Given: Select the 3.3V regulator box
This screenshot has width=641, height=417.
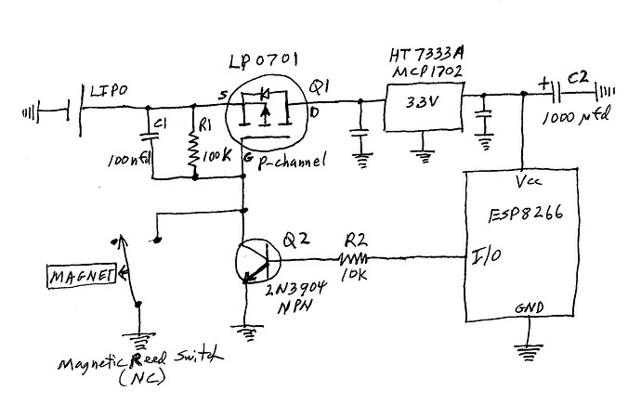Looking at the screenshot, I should click(x=424, y=104).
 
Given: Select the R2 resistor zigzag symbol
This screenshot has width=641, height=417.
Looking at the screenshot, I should click(x=353, y=257).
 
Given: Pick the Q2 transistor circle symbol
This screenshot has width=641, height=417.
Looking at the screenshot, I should click(x=256, y=262).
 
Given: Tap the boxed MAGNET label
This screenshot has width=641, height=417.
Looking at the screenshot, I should click(x=82, y=275).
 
